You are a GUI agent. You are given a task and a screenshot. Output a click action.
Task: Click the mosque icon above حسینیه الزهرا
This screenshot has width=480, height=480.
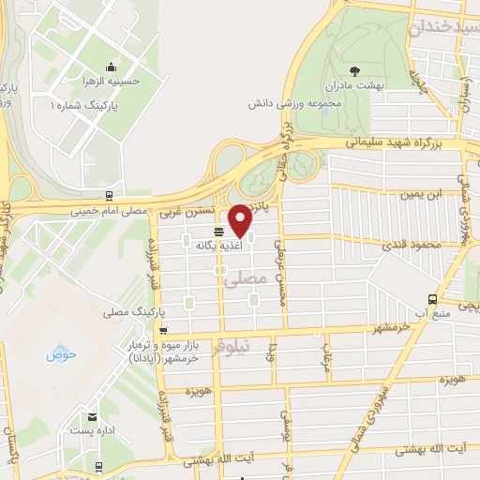112,67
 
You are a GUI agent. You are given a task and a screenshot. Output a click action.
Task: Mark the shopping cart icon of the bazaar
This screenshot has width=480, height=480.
164,330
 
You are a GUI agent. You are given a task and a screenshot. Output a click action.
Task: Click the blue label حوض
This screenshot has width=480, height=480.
61,354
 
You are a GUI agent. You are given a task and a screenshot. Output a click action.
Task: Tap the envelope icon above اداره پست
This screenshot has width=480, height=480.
92,416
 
